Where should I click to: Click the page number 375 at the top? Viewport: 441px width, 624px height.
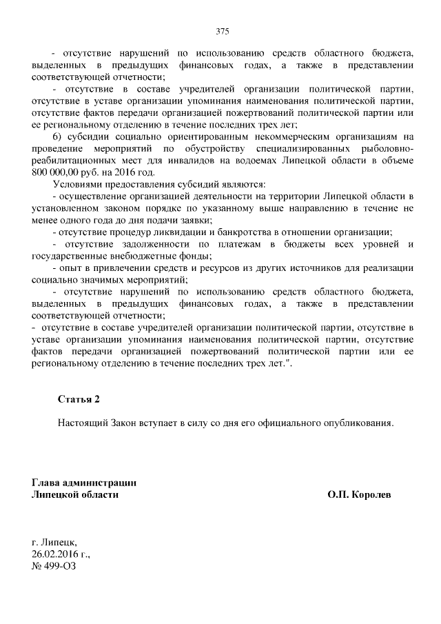(221, 32)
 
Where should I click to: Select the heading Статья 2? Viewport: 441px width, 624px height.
(79, 399)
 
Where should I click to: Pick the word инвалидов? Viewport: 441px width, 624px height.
(208, 160)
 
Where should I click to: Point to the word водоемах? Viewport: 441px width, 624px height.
(276, 160)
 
